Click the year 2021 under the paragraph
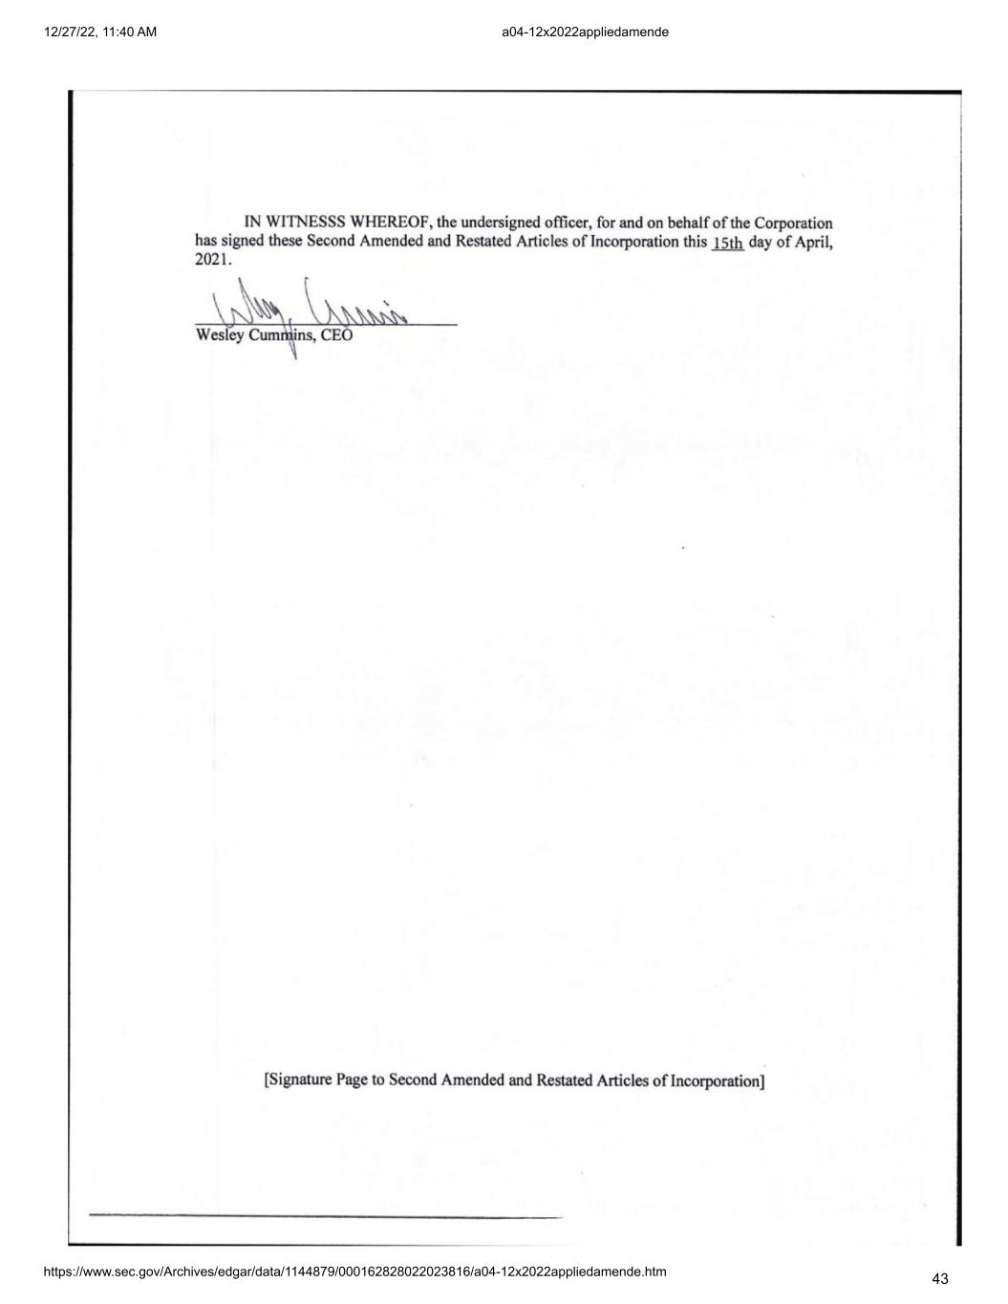coord(211,259)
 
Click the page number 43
coord(939,1279)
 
